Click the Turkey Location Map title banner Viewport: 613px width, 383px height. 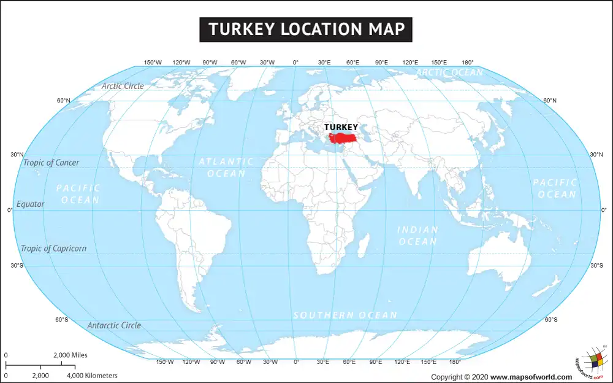click(x=306, y=29)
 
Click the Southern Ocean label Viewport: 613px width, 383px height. click(x=345, y=315)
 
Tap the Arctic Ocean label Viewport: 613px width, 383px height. click(x=449, y=72)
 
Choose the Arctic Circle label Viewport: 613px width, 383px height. click(x=123, y=86)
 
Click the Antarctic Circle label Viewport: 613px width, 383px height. click(x=114, y=325)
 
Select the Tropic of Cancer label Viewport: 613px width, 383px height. click(x=51, y=163)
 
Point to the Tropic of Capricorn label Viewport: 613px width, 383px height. click(x=53, y=249)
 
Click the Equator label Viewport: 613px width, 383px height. click(x=31, y=204)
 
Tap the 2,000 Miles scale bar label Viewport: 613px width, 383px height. click(x=70, y=355)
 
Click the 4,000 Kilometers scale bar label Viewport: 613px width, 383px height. click(x=92, y=375)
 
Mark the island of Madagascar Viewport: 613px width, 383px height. click(x=363, y=246)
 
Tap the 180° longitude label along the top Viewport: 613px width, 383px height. click(x=467, y=63)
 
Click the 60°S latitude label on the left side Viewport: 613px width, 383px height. click(x=62, y=320)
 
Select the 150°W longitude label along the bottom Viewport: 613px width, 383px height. click(x=164, y=362)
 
